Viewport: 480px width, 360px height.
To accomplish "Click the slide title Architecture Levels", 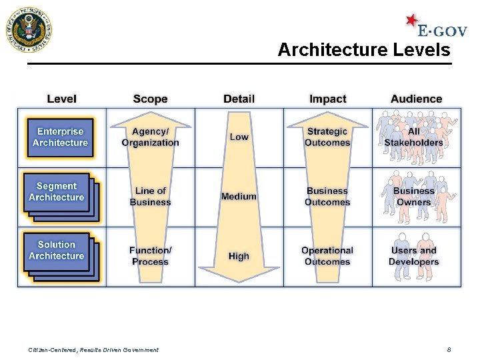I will pos(363,49).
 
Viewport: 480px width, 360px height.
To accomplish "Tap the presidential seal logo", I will pos(28,30).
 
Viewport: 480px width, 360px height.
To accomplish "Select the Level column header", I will pos(61,99).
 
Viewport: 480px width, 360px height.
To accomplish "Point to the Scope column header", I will pos(150,99).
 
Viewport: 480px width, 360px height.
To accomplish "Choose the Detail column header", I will pos(239,99).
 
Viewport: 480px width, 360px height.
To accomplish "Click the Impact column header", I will pos(327,99).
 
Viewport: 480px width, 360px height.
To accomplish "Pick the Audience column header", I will pos(416,99).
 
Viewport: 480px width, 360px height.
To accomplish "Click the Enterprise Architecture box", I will pos(60,137).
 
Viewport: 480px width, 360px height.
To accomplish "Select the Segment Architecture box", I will pos(57,192).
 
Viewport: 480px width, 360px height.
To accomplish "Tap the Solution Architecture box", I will pos(57,251).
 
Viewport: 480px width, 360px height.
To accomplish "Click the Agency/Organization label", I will pos(150,137).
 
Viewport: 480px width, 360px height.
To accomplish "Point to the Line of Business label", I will pos(150,197).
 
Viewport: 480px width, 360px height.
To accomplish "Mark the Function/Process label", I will pos(150,256).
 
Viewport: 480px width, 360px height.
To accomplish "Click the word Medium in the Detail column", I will pos(239,197).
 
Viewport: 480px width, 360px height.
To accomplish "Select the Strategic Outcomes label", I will pos(327,137).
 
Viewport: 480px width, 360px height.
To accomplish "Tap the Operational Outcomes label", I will pos(327,256).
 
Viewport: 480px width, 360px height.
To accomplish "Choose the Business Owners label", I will pos(414,197).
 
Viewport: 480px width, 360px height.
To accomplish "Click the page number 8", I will pos(449,349).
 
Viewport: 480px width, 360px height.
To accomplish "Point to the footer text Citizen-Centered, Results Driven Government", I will pos(93,350).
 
